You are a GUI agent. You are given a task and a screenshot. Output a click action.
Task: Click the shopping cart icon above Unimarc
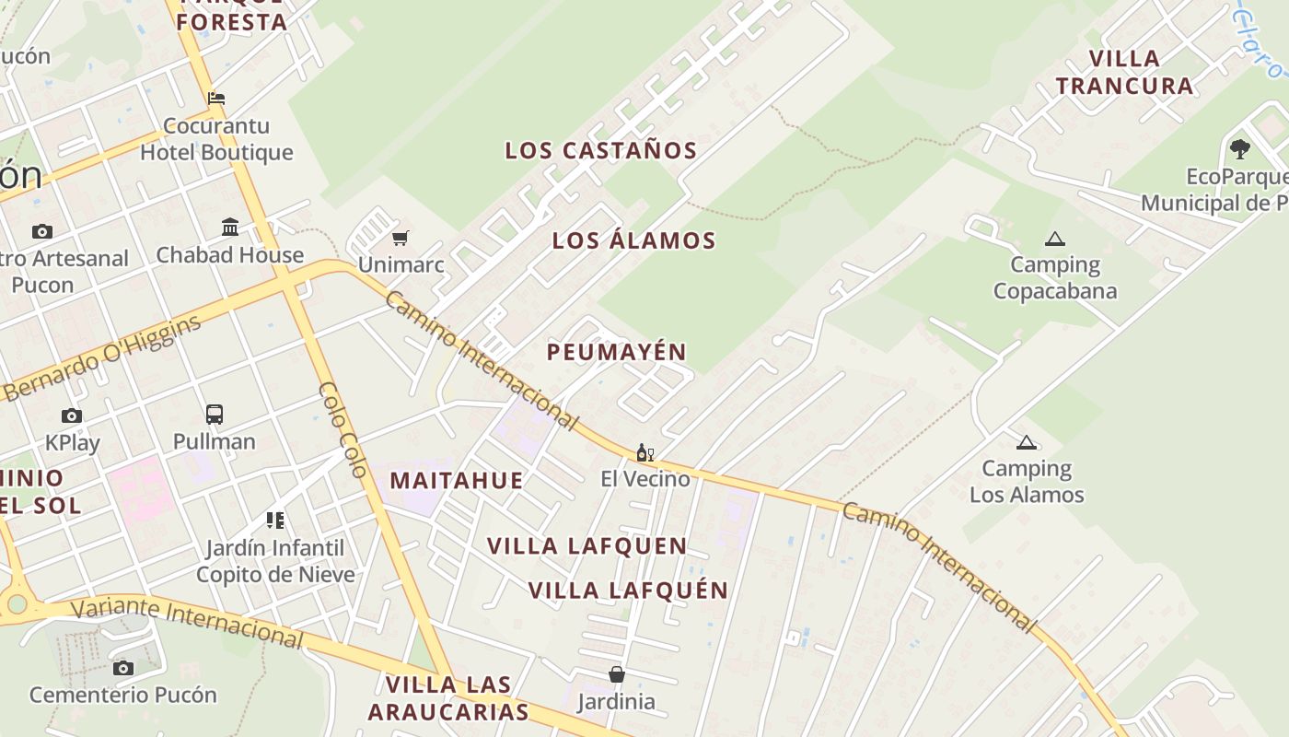point(400,239)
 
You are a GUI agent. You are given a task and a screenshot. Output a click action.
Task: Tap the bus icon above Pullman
point(215,415)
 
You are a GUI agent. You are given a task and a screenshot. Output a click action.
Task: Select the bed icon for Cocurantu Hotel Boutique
point(216,99)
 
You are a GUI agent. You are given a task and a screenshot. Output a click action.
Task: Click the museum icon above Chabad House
point(230,227)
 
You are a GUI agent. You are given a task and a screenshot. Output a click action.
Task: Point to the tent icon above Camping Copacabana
point(1055,240)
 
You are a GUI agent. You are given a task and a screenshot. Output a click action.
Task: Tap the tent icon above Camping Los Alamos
point(1026,442)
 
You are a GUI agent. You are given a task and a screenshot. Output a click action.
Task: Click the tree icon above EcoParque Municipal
point(1240,148)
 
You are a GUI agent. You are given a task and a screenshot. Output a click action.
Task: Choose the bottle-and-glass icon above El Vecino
point(645,452)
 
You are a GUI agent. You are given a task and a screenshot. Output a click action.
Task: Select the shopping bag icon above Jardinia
point(617,675)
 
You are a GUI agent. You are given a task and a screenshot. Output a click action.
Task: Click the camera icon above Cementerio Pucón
point(123,668)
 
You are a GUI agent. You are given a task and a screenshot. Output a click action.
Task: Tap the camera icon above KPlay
point(72,416)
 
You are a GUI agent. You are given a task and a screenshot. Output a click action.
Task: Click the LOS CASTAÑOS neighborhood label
point(600,150)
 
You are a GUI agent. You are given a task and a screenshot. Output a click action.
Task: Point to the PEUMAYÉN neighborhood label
point(617,352)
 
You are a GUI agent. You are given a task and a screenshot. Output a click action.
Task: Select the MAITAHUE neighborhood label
point(457,480)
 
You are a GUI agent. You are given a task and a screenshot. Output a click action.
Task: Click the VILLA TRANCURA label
point(1124,72)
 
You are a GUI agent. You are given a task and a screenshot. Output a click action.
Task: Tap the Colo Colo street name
point(343,429)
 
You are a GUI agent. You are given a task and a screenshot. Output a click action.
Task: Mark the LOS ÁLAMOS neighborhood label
point(633,240)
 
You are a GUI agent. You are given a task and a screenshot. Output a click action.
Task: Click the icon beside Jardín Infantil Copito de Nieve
point(274,521)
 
